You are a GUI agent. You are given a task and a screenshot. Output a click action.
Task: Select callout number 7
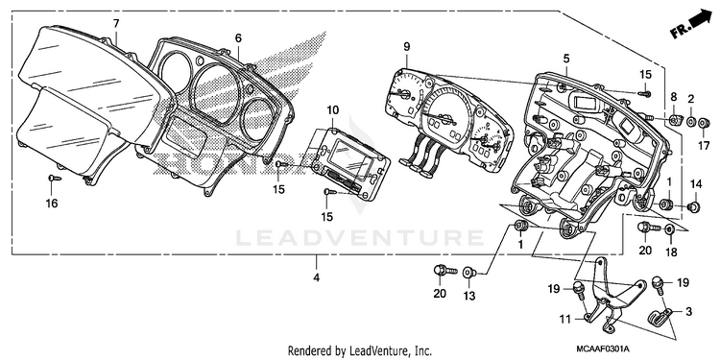point(116,23)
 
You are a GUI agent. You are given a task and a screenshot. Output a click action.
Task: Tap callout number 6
point(238,38)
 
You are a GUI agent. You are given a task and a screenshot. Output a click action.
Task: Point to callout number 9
point(407,46)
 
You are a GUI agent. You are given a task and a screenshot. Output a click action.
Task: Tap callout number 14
point(696,184)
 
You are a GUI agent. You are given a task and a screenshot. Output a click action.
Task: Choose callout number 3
point(688,312)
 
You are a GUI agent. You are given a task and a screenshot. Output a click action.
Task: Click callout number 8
point(674,97)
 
